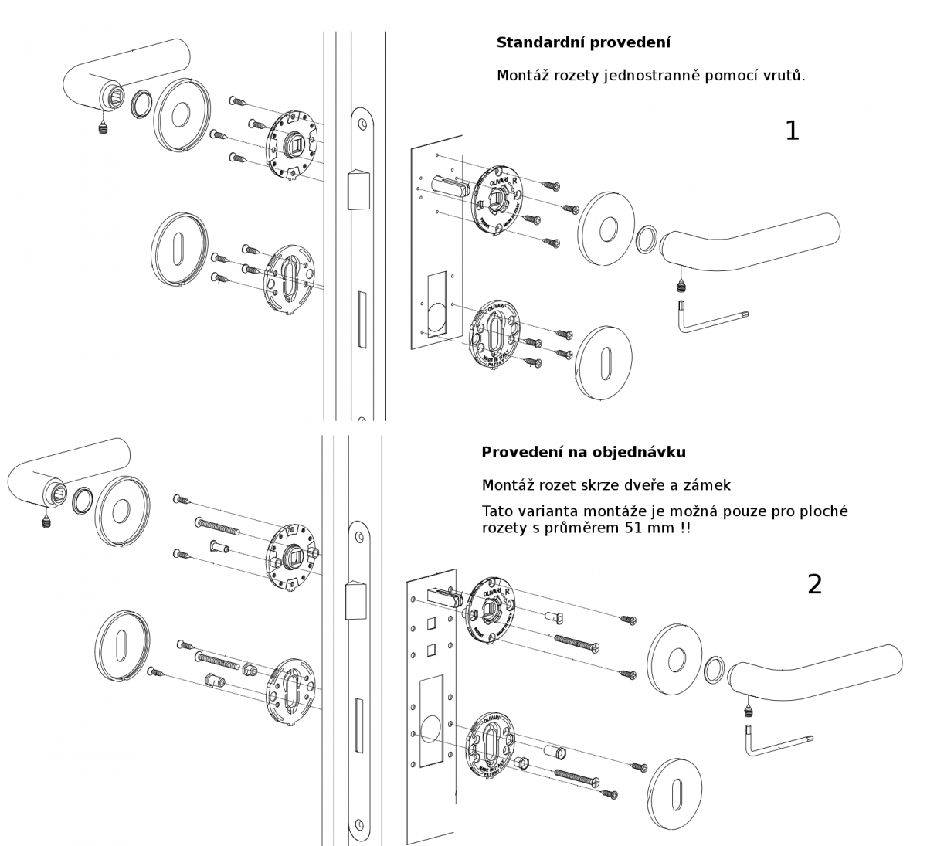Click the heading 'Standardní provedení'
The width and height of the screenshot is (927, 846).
click(x=583, y=42)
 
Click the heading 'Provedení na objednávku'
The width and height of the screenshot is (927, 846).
click(x=583, y=452)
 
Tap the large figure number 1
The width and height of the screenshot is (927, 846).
click(x=792, y=131)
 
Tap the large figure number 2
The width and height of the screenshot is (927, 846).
click(x=814, y=585)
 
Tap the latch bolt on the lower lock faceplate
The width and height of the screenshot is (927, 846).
click(x=354, y=601)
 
